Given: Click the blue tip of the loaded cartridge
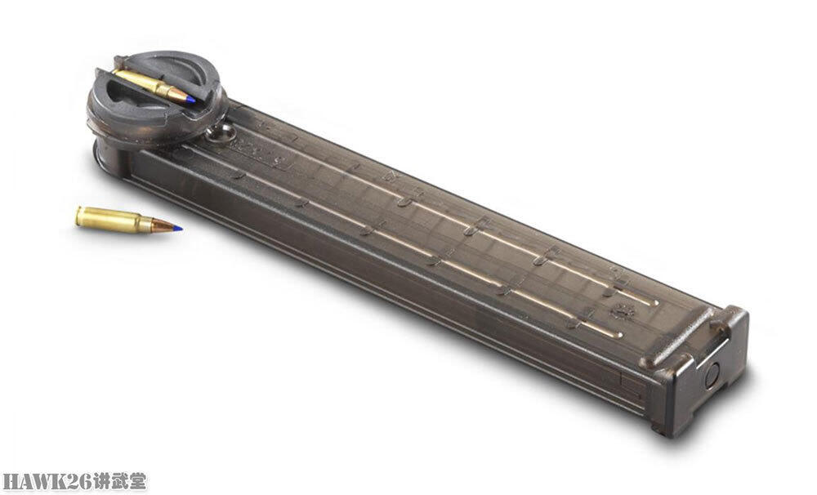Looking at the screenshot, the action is click(190, 98).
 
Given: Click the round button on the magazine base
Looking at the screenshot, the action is click(712, 375).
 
